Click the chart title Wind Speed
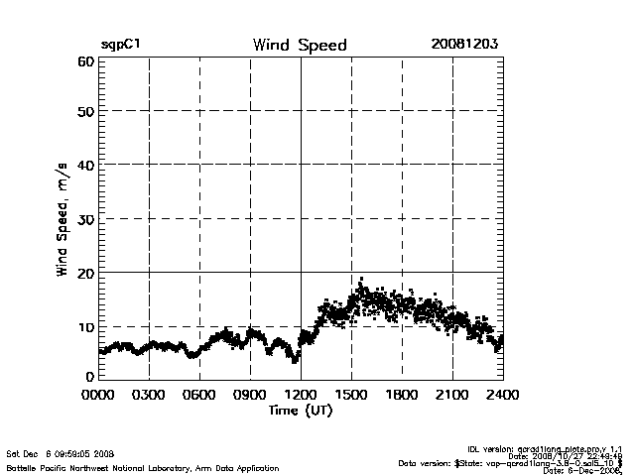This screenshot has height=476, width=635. pos(300,46)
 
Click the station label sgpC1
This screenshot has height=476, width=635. pos(120,46)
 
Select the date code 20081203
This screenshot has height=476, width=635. pos(464,45)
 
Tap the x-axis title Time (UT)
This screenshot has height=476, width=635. pos(300,410)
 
